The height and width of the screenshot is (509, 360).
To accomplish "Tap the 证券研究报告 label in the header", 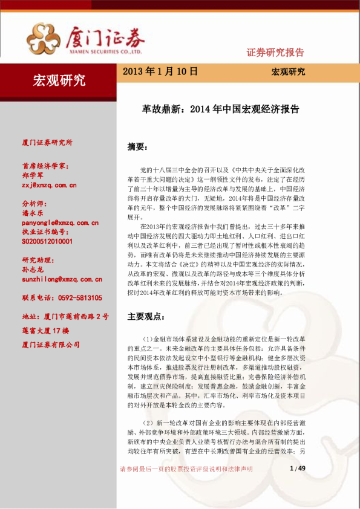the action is (275, 52).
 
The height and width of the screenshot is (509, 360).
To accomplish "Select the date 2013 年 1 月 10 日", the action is (160, 71).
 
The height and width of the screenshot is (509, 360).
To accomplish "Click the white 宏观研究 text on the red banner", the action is (59, 79).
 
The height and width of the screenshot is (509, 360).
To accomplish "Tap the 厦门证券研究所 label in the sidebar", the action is (47, 143).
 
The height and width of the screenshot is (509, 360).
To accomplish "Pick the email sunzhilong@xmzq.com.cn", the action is (61, 279).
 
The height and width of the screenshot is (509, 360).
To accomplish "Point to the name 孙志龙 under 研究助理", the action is (33, 270).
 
